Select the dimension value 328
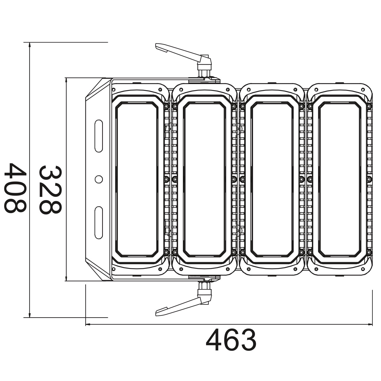tap(50, 190)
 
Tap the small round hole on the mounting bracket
tap(99, 179)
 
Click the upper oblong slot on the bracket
tap(99, 136)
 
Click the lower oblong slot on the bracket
tap(99, 223)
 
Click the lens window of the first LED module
tap(137, 179)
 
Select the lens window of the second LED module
tap(204, 179)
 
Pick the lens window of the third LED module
tap(272, 179)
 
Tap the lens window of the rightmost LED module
tap(340, 179)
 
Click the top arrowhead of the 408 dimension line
tap(30, 45)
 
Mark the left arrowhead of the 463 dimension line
tap(88, 324)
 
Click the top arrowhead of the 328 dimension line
tap(66, 80)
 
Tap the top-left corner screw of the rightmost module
tap(316, 89)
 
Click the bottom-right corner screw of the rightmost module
tap(363, 269)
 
